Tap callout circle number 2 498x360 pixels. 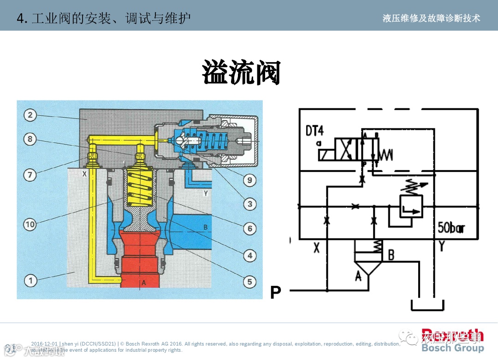[30, 115]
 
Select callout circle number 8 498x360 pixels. [30, 139]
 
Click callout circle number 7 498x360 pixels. [30, 175]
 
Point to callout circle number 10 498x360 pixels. [30, 224]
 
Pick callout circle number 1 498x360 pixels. [30, 280]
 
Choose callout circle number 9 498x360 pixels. [250, 180]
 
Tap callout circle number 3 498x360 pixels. [250, 204]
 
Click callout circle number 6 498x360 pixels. [250, 228]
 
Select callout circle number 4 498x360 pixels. [250, 255]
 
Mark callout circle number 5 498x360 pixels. [250, 281]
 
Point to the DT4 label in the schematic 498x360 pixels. [314, 130]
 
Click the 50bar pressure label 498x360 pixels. [451, 228]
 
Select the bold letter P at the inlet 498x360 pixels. [276, 292]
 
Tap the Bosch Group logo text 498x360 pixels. [452, 348]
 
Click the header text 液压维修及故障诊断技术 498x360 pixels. [431, 18]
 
